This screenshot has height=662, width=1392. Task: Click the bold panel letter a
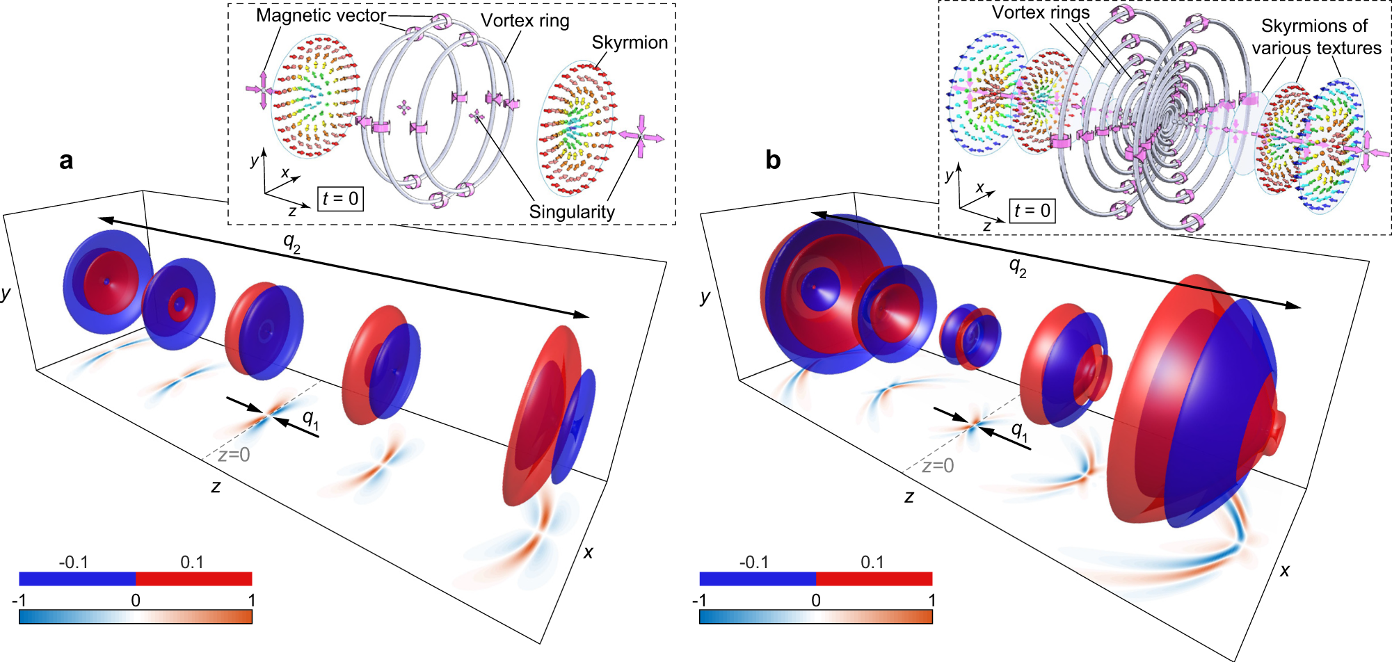click(66, 161)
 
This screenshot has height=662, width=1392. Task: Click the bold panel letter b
click(773, 161)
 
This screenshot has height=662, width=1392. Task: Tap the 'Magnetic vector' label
click(321, 15)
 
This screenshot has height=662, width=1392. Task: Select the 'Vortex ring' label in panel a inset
click(525, 21)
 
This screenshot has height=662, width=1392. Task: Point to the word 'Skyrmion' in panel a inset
click(630, 42)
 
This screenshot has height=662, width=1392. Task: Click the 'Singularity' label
click(572, 212)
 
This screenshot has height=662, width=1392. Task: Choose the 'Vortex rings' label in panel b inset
click(1041, 13)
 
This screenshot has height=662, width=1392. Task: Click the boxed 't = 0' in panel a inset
click(340, 199)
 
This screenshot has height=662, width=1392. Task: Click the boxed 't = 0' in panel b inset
click(1032, 211)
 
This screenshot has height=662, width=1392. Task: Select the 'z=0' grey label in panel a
click(234, 455)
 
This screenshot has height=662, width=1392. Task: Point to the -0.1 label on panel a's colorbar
click(73, 562)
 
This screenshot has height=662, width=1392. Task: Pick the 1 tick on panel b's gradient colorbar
click(931, 600)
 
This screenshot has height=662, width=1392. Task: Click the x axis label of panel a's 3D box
click(589, 553)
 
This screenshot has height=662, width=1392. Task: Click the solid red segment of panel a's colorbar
click(193, 579)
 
